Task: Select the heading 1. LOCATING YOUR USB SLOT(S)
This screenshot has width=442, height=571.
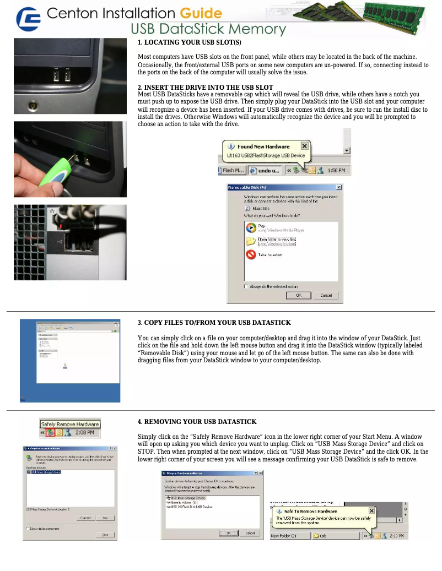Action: [x=189, y=42]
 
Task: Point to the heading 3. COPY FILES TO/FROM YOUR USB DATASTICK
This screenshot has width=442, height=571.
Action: [x=214, y=322]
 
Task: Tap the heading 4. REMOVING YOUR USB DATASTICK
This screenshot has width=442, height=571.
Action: [x=197, y=422]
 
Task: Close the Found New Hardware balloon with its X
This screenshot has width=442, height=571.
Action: [x=304, y=146]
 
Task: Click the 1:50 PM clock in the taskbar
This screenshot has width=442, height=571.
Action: [x=336, y=171]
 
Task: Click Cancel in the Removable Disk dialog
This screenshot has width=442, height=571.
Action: [x=326, y=295]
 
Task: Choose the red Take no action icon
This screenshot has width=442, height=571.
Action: [x=251, y=254]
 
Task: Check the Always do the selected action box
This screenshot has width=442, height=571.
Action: [x=246, y=286]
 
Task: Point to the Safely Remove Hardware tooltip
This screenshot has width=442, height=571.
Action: [x=70, y=424]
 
